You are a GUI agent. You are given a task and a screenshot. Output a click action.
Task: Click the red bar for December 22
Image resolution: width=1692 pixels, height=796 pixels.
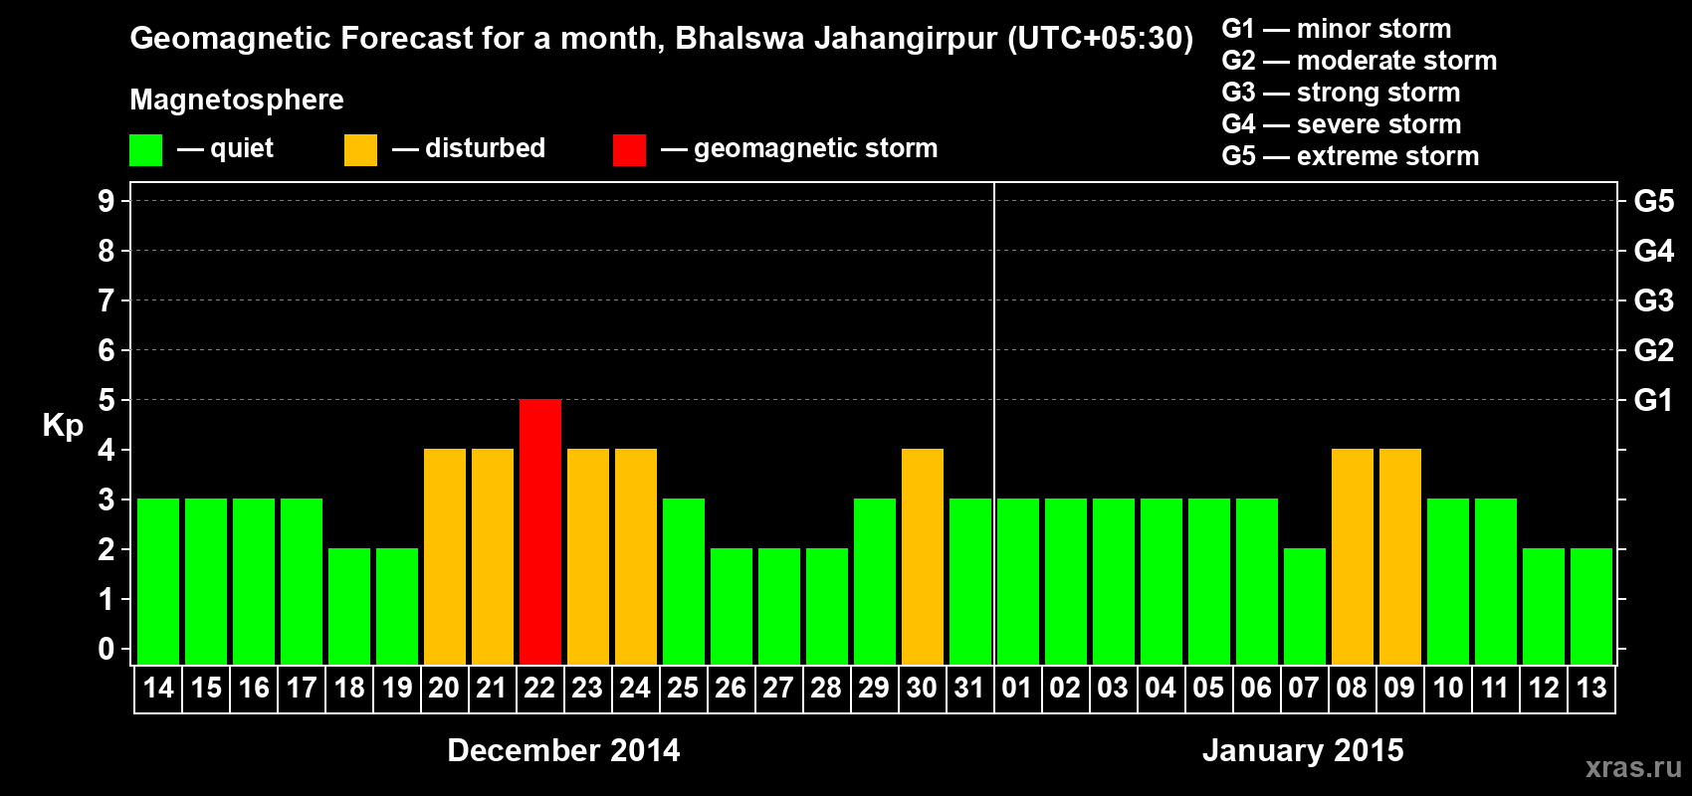[540, 531]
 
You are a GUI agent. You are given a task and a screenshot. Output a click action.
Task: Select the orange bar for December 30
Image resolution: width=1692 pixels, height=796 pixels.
[923, 556]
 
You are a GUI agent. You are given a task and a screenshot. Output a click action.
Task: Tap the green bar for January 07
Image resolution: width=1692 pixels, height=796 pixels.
[1305, 606]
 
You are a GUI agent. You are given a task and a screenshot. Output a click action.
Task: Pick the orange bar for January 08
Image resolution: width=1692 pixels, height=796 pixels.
[1353, 556]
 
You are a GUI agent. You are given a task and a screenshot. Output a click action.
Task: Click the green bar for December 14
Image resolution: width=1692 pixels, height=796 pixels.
[158, 581]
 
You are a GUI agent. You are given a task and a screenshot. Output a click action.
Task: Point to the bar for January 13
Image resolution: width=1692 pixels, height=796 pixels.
[1591, 606]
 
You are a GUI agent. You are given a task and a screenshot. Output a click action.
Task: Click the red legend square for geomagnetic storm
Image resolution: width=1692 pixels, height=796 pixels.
[629, 150]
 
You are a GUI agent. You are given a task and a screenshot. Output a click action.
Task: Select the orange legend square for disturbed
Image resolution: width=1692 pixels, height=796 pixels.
[360, 150]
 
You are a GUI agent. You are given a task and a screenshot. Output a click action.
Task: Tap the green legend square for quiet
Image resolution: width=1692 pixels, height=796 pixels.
[145, 150]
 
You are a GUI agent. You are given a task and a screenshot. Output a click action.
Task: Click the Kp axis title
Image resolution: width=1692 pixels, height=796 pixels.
[63, 426]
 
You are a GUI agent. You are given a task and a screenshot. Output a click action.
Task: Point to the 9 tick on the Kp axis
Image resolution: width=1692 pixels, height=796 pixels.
[106, 201]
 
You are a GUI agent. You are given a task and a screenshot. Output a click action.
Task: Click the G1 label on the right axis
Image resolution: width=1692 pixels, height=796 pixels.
[1653, 400]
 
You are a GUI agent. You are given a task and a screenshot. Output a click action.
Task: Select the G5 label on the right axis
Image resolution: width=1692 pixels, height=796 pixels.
[1653, 201]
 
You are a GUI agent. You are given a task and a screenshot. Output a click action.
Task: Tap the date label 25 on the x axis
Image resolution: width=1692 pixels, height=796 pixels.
[683, 688]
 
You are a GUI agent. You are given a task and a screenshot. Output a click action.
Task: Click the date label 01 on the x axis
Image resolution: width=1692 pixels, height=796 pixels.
[1017, 688]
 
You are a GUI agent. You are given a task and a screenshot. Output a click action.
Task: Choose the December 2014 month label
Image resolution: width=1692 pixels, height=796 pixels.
[563, 750]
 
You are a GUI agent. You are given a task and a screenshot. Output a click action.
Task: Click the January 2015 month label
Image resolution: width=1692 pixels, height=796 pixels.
[1303, 750]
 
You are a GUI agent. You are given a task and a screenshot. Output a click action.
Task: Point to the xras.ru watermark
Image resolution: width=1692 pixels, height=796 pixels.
[1633, 767]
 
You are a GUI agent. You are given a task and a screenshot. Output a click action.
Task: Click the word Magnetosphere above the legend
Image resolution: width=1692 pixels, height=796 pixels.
[237, 99]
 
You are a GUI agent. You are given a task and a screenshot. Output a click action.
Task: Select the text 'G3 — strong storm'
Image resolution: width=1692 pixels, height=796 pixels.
[1341, 93]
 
